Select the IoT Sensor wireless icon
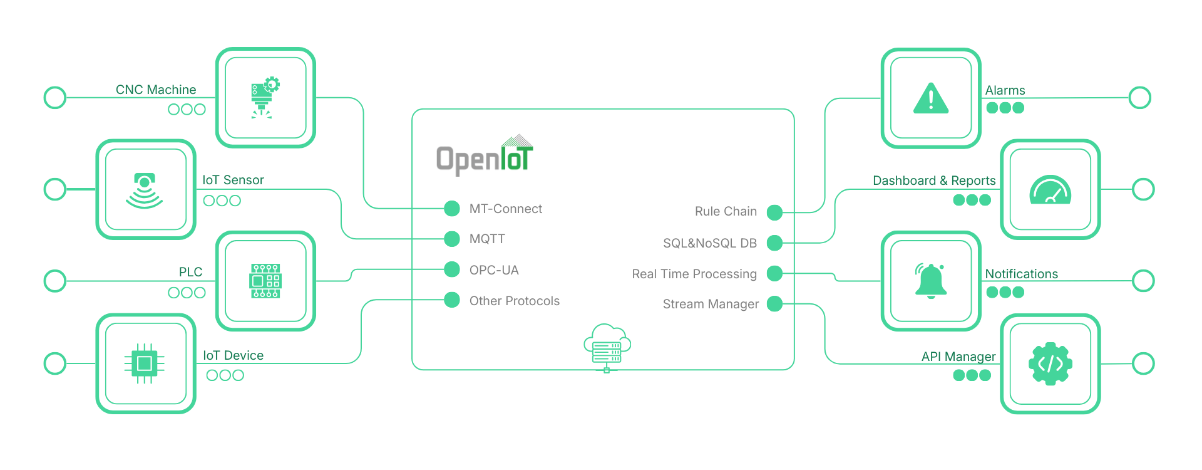click(x=145, y=190)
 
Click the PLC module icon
click(x=265, y=281)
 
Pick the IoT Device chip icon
click(x=145, y=363)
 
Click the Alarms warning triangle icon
click(x=931, y=99)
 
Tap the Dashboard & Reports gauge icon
click(x=1050, y=190)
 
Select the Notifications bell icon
click(x=931, y=281)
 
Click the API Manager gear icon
click(x=1050, y=363)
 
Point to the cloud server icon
click(x=607, y=347)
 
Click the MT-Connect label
click(x=505, y=209)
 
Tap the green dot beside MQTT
click(x=452, y=239)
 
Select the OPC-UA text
click(x=494, y=270)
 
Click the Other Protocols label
click(x=514, y=301)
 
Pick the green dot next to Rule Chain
click(x=775, y=212)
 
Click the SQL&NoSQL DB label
click(x=709, y=243)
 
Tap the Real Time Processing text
click(x=694, y=274)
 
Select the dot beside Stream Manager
click(x=775, y=304)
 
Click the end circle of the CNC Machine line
click(x=55, y=98)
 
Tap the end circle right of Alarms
click(x=1139, y=98)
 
